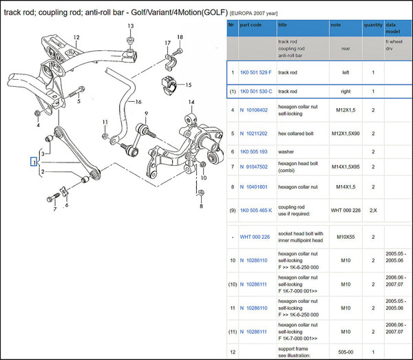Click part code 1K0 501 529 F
[x=256, y=72]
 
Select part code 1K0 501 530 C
[x=256, y=91]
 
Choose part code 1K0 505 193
[x=254, y=151]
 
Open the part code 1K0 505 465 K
[x=257, y=209]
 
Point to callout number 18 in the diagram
[x=180, y=37]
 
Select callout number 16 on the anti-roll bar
[x=138, y=101]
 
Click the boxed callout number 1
[x=32, y=162]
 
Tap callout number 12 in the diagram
[x=77, y=36]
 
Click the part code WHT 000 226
[x=255, y=237]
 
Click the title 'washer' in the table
[x=288, y=151]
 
